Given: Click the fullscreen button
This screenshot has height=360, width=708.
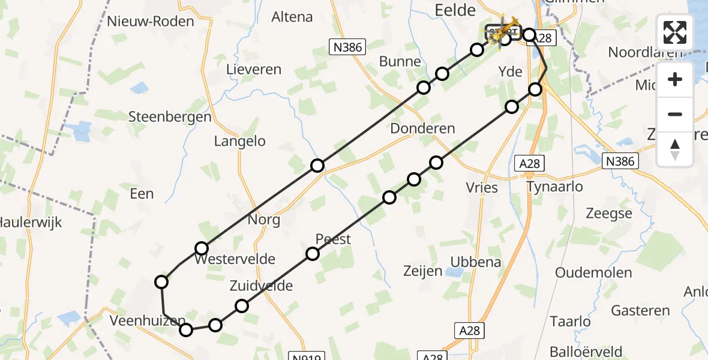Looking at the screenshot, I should coord(675,32).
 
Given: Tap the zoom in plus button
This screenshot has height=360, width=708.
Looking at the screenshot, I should coord(675,79).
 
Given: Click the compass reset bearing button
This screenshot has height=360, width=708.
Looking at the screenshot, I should coord(675,149).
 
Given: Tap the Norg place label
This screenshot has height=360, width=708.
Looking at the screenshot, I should coord(264,220).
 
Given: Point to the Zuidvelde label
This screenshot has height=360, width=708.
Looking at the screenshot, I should coord(261,286).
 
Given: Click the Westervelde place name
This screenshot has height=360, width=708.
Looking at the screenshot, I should coord(235,260).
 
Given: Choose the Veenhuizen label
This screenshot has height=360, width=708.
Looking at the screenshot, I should coord(144,321).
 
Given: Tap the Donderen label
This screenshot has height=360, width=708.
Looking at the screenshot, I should coord(422,128).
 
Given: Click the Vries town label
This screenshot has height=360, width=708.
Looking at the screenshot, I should coord(482,188).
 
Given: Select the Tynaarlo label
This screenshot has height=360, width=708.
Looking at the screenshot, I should coord(554,187).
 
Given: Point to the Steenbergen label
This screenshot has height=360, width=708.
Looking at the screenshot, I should coord(170,117).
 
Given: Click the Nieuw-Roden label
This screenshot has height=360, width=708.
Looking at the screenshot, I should coord(151,22).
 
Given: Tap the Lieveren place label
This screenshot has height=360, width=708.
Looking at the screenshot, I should coord(253,70).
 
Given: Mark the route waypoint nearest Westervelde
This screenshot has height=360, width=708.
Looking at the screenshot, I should coord(202,248).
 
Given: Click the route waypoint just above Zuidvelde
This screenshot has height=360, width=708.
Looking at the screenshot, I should coord(241,306).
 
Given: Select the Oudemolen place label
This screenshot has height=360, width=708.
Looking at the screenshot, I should coord(593,273).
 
